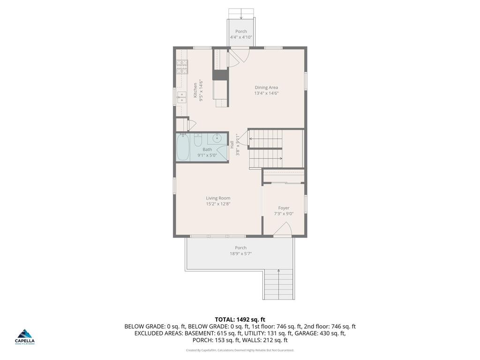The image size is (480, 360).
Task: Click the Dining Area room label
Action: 266,87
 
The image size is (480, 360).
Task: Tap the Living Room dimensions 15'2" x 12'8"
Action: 218,204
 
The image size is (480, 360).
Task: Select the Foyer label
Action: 284,208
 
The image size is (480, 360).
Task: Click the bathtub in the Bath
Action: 183,147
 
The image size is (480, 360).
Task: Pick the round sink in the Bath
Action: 217,138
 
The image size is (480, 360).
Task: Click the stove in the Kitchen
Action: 181,68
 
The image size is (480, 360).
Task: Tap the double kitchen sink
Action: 182,97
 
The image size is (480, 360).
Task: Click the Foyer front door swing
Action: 284,230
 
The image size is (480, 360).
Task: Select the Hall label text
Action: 232,145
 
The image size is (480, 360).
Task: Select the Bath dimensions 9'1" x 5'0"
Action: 207,155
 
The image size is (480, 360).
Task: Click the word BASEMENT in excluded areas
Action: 199,333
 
